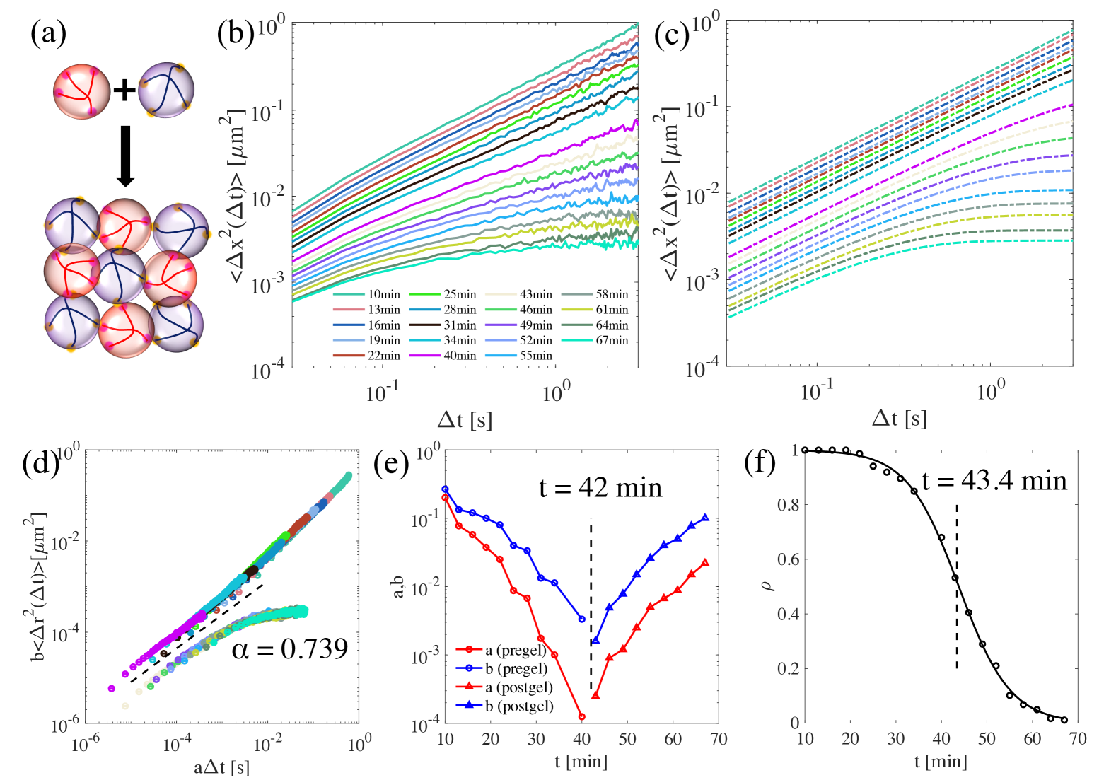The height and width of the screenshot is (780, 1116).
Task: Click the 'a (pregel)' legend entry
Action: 516,650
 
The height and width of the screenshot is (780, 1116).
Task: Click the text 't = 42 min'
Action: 600,488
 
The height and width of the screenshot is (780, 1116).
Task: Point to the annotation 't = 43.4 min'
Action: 994,481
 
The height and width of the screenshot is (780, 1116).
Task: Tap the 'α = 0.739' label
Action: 290,648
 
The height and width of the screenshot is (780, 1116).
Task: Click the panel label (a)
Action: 48,33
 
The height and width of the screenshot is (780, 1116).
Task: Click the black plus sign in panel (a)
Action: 124,90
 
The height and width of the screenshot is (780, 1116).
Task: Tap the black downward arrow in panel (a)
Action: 125,156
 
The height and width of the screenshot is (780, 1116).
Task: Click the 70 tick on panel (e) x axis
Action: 719,739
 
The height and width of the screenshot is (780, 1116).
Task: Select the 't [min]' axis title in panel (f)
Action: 941,762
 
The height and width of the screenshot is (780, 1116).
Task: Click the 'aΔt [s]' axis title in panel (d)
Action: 221,767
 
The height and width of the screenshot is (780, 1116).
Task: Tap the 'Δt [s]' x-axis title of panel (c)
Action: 899,419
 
